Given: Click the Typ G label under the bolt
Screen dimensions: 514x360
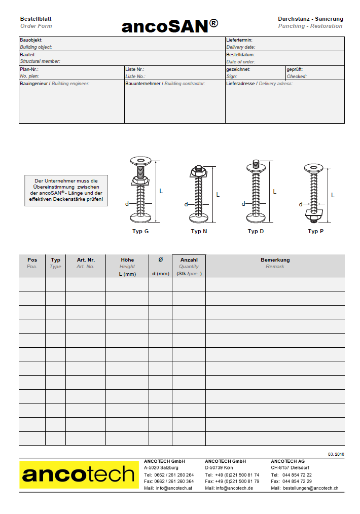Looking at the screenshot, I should pos(140,231).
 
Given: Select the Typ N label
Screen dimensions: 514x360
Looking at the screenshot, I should pos(199,231).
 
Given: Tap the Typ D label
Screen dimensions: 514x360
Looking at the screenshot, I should pos(256,231).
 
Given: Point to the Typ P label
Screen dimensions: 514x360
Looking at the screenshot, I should pos(315,231).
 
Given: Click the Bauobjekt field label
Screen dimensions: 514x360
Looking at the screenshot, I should pos(31,40).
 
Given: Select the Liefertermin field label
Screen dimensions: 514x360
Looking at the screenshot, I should pos(239,40).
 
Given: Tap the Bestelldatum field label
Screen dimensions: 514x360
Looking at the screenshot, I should pos(240,55).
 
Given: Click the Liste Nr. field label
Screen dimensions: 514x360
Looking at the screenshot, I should pos(135,69).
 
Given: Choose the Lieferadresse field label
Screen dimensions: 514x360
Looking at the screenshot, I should pos(240,84).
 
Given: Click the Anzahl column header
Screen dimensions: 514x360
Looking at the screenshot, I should pos(189,260).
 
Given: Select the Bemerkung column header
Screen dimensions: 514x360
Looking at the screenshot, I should pos(275,260).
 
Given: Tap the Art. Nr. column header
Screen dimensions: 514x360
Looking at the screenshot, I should pos(86,260).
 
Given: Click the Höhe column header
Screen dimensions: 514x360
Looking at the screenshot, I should pos(127,260).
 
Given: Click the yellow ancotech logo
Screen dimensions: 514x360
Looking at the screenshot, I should pos(79,475).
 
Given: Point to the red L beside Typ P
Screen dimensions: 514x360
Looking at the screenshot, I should pos(333,195).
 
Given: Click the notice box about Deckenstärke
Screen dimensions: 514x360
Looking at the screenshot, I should pos(66,190).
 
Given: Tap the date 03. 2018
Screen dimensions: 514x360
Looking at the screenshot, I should pos(336,454).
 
